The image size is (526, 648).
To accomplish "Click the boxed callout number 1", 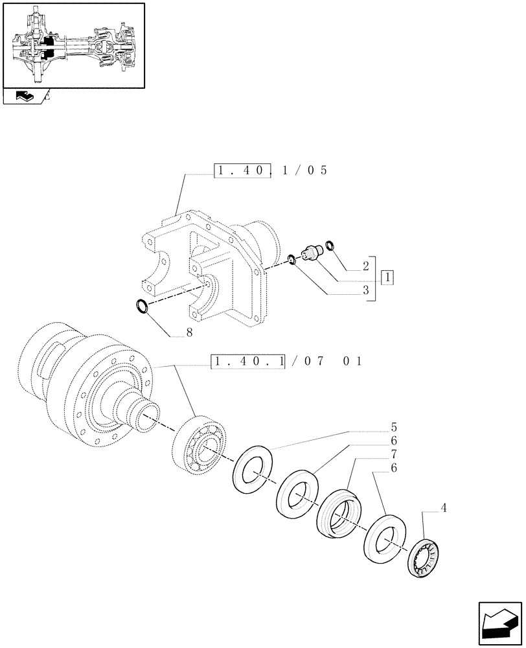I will [387, 278].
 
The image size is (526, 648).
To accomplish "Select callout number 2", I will [366, 266].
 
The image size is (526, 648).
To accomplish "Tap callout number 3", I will [366, 291].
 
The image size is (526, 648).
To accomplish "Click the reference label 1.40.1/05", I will [271, 171].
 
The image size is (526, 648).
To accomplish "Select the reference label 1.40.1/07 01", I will [286, 361].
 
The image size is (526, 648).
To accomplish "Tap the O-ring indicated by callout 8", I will [142, 305].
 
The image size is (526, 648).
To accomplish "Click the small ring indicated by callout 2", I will [329, 245].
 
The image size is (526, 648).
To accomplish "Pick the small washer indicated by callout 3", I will [292, 260].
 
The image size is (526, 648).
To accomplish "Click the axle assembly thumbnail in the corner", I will [73, 45].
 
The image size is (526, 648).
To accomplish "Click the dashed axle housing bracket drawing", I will [207, 266].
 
